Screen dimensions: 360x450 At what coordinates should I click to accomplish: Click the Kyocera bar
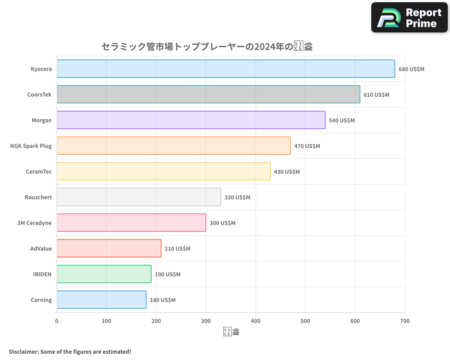click(225, 69)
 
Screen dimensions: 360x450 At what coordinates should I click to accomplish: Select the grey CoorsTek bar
click(208, 94)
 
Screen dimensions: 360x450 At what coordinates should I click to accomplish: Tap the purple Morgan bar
click(191, 120)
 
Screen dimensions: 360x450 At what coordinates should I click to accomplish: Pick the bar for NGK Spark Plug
click(173, 146)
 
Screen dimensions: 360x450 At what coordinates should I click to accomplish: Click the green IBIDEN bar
click(104, 274)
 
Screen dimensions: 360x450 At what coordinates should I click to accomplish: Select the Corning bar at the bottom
click(101, 300)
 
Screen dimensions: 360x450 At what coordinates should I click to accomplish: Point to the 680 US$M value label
click(411, 69)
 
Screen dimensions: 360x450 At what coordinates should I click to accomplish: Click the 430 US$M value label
click(287, 172)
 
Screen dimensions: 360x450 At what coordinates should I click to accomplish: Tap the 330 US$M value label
click(237, 198)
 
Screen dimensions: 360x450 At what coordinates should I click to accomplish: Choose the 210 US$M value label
click(177, 249)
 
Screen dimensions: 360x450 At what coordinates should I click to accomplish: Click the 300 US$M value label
click(222, 223)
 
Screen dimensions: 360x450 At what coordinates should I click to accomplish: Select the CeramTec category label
click(39, 171)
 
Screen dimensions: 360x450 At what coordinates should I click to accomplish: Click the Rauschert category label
click(38, 197)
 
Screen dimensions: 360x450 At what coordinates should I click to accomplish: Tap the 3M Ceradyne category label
click(34, 223)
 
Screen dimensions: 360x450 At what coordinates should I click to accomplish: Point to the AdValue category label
click(41, 248)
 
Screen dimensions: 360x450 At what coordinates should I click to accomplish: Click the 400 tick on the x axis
click(256, 321)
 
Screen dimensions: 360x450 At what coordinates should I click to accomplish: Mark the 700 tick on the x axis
click(405, 321)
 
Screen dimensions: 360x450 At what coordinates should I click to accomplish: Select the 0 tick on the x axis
click(57, 321)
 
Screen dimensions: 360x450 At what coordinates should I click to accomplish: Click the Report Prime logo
click(409, 18)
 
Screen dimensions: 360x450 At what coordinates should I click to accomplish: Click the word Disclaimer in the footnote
click(23, 351)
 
